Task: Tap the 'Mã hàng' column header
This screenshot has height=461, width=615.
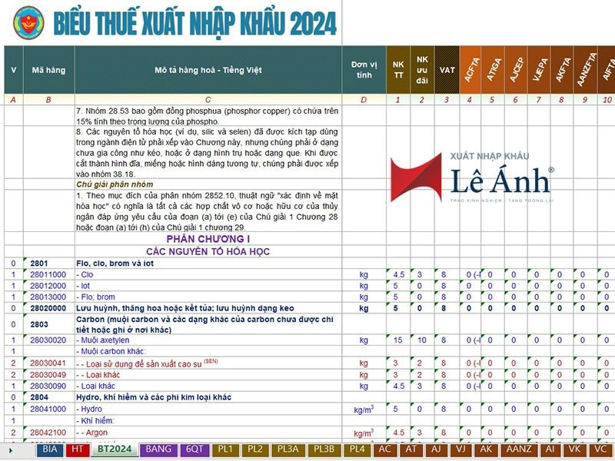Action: (x=48, y=70)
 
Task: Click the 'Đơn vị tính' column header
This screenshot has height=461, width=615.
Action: (x=364, y=70)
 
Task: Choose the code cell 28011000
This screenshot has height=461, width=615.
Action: (x=48, y=274)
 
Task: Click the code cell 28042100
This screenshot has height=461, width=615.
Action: (x=48, y=433)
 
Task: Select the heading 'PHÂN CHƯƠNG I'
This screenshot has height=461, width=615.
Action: (x=208, y=239)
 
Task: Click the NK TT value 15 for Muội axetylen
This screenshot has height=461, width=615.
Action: (x=398, y=340)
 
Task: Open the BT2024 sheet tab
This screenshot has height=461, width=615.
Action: (x=111, y=449)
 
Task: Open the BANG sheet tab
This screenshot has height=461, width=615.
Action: (x=158, y=449)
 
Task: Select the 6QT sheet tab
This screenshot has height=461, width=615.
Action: (x=194, y=449)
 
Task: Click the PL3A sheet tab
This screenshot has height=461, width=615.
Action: (x=290, y=449)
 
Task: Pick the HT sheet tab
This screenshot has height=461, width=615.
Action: (x=76, y=449)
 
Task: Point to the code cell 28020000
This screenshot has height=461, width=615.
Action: (x=48, y=307)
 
